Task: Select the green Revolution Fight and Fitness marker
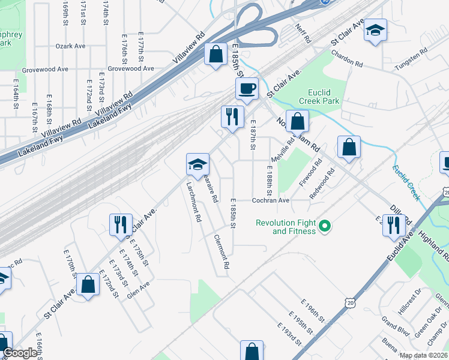click(325, 226)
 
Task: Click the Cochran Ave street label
click(270, 200)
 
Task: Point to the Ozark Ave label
click(70, 46)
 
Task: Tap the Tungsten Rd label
click(411, 61)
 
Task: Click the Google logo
click(20, 353)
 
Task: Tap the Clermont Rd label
click(221, 251)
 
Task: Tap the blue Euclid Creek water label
click(407, 182)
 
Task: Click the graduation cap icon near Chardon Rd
click(376, 31)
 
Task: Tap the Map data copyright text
click(422, 355)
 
